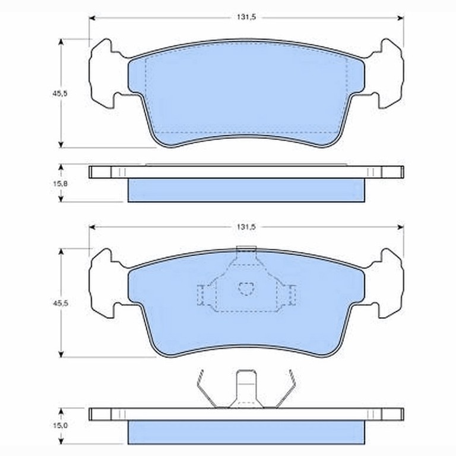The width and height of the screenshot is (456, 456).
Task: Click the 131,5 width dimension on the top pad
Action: (x=246, y=17)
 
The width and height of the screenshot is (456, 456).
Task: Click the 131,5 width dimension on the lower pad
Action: (x=246, y=227)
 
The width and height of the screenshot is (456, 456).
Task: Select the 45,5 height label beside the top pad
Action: (x=60, y=94)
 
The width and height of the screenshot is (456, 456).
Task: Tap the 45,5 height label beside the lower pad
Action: (x=60, y=303)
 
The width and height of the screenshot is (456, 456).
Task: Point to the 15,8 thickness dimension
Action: (x=60, y=184)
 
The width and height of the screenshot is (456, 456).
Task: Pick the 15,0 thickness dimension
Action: (x=60, y=425)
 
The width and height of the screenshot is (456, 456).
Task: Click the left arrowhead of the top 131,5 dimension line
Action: (x=92, y=18)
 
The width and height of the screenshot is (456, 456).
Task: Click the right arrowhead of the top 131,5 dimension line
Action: (x=400, y=18)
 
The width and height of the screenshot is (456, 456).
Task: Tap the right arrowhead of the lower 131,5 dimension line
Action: (x=400, y=227)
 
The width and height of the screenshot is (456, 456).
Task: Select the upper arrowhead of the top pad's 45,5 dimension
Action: (x=61, y=42)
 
